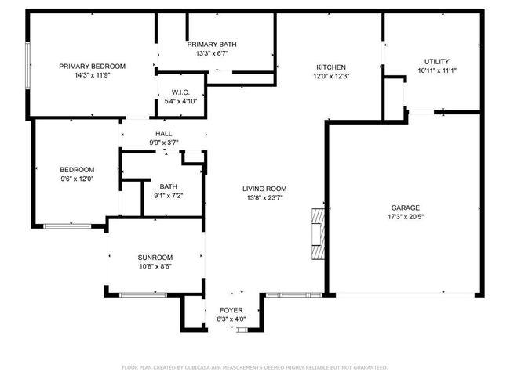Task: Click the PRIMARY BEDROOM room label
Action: point(92,67)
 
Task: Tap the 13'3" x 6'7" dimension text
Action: point(212,53)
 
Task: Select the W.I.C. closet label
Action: point(180,92)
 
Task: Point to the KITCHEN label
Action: point(331,67)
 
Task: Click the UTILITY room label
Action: point(437,61)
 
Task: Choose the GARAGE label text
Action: point(406,208)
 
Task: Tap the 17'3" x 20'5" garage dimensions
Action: point(406,217)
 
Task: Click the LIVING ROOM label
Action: point(264,189)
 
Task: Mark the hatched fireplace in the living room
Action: point(318,234)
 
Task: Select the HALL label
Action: point(164,134)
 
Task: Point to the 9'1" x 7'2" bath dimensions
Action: point(169,196)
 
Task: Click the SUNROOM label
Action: point(155,258)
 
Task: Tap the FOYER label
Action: point(231,310)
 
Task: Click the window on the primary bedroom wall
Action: point(28,65)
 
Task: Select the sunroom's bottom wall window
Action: point(143,295)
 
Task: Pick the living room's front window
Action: point(294,295)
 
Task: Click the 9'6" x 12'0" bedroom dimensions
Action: point(77,179)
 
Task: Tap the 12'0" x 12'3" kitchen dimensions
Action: point(331,76)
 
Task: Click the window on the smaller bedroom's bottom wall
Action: point(67,226)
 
